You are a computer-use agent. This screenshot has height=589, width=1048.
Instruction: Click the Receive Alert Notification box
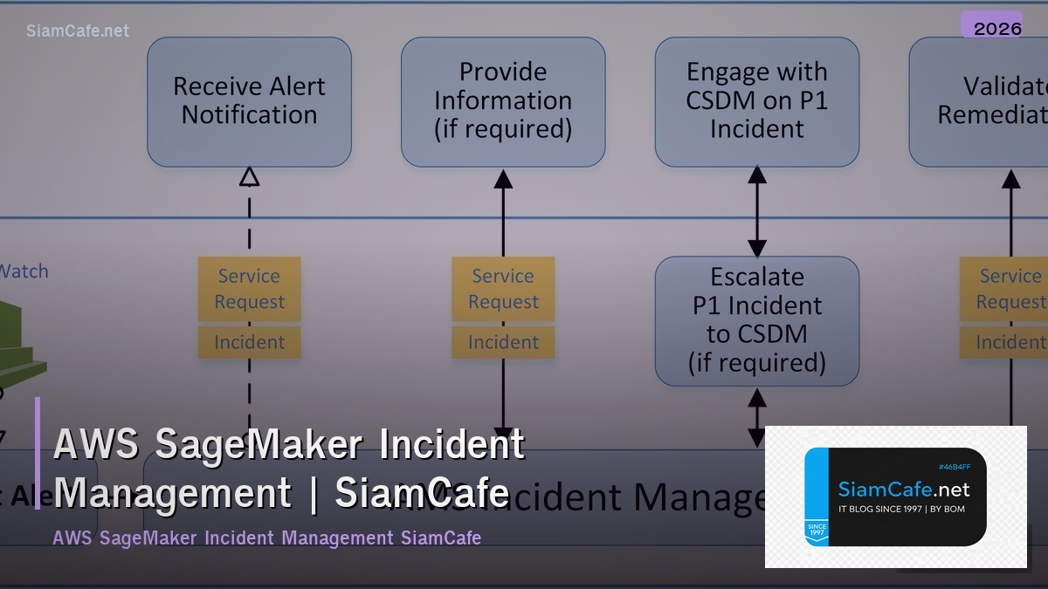click(x=249, y=101)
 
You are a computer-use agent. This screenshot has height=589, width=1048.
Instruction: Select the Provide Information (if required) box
click(x=503, y=101)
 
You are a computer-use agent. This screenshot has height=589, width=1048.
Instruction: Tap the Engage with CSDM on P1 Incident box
click(x=756, y=101)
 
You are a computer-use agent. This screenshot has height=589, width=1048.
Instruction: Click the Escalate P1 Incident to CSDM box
click(x=756, y=320)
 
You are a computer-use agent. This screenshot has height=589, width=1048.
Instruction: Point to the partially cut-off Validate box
click(x=978, y=101)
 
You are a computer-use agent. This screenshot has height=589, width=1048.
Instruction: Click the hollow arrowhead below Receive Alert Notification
click(x=249, y=177)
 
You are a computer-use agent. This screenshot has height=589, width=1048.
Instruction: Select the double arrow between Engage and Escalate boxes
click(x=757, y=211)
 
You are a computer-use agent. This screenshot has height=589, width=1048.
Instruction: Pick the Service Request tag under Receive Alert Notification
click(x=249, y=289)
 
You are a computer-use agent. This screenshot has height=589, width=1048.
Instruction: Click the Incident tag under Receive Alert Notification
click(x=249, y=342)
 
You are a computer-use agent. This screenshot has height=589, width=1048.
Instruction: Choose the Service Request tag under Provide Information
click(x=503, y=289)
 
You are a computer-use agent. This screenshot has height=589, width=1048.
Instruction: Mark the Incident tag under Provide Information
click(x=503, y=342)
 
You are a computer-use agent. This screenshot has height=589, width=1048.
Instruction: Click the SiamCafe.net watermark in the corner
click(x=78, y=31)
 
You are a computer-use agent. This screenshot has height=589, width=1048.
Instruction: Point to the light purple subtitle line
click(x=266, y=538)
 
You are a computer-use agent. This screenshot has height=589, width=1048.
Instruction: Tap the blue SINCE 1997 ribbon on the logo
click(x=817, y=531)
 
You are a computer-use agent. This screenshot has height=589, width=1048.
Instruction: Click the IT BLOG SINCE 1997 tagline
click(x=901, y=509)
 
